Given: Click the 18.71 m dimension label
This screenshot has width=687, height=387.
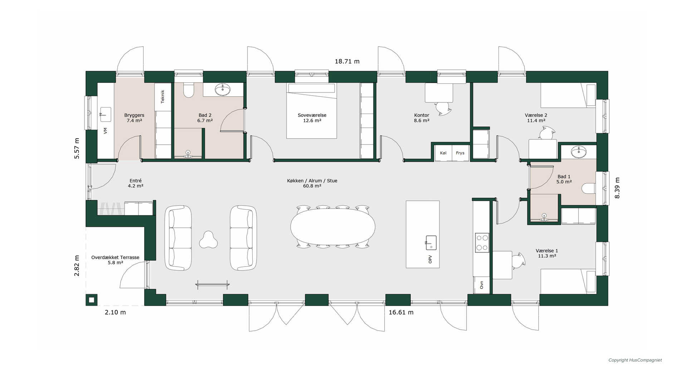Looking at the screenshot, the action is pyautogui.click(x=347, y=61).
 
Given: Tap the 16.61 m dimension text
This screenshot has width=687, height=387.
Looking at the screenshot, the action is pyautogui.click(x=401, y=312).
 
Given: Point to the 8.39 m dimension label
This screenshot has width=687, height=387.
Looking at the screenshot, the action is pyautogui.click(x=617, y=188).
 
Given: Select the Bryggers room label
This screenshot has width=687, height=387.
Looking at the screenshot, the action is pyautogui.click(x=134, y=115).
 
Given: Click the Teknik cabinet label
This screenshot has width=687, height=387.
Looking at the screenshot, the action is pyautogui.click(x=162, y=97).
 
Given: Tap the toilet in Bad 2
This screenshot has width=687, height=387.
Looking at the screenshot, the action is pyautogui.click(x=189, y=90).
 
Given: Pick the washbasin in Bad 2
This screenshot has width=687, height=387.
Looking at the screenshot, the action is pyautogui.click(x=223, y=89).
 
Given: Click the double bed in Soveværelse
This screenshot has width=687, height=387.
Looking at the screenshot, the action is pyautogui.click(x=312, y=111).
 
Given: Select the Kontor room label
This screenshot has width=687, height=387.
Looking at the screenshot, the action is pyautogui.click(x=422, y=115).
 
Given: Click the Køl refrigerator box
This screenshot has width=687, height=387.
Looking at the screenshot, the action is pyautogui.click(x=443, y=153).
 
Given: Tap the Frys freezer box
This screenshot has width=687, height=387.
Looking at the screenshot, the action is pyautogui.click(x=461, y=153).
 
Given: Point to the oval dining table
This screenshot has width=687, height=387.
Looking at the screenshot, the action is pyautogui.click(x=333, y=226).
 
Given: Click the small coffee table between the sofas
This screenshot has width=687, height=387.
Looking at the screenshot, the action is pyautogui.click(x=208, y=240).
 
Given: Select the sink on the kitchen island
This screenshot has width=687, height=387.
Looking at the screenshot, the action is pyautogui.click(x=431, y=243).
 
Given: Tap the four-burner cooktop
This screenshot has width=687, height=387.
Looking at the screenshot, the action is pyautogui.click(x=482, y=243).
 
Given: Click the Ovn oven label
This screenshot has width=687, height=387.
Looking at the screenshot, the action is pyautogui.click(x=482, y=285).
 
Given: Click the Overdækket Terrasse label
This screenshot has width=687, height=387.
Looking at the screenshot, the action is pyautogui.click(x=115, y=257).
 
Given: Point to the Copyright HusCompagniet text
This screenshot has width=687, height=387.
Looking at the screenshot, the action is pyautogui.click(x=635, y=360).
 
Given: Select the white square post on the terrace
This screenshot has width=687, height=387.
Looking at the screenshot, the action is pyautogui.click(x=91, y=300).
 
